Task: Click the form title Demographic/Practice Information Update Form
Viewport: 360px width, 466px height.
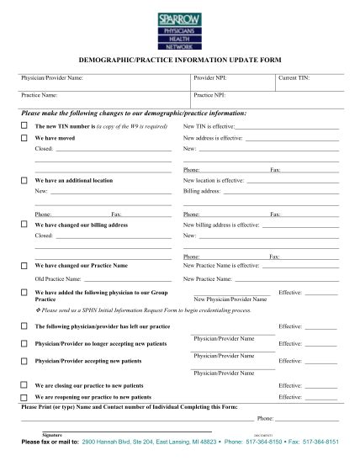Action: [179, 62]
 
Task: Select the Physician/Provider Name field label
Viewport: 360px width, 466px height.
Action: [52, 78]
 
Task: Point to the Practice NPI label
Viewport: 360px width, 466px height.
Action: [209, 96]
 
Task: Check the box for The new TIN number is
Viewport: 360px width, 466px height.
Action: [24, 126]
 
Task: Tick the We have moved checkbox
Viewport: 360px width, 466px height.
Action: [24, 137]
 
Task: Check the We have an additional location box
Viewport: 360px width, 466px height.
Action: [24, 181]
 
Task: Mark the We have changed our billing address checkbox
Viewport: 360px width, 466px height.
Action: [24, 225]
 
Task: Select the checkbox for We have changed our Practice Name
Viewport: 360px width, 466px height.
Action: [24, 265]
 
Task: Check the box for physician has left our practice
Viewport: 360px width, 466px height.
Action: [24, 325]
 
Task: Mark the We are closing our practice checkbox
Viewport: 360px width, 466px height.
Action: [24, 384]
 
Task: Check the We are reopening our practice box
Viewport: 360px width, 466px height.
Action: [24, 395]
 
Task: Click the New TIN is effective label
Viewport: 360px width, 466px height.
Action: [209, 126]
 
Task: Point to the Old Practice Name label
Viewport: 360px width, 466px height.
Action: [57, 278]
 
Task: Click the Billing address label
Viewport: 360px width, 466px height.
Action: [201, 191]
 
